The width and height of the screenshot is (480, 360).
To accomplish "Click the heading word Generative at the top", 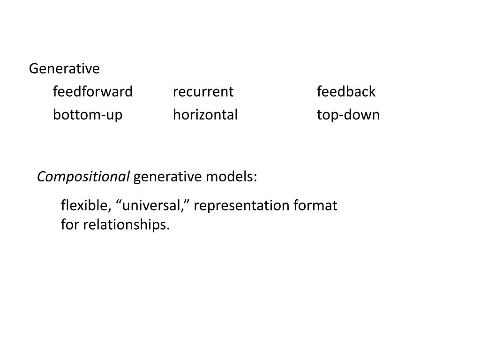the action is click(x=64, y=69).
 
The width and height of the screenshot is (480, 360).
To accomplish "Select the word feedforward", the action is click(x=93, y=91).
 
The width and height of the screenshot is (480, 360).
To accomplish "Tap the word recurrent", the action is click(x=203, y=91).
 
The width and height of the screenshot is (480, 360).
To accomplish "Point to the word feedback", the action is click(x=346, y=91).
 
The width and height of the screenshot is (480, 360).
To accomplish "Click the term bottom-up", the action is click(x=88, y=114).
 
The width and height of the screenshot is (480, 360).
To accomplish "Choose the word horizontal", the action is click(x=205, y=114).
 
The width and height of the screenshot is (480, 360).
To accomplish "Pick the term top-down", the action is click(x=348, y=114).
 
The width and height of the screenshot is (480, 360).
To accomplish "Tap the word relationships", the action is click(x=124, y=225).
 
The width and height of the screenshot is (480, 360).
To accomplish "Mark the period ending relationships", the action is click(x=167, y=229).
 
